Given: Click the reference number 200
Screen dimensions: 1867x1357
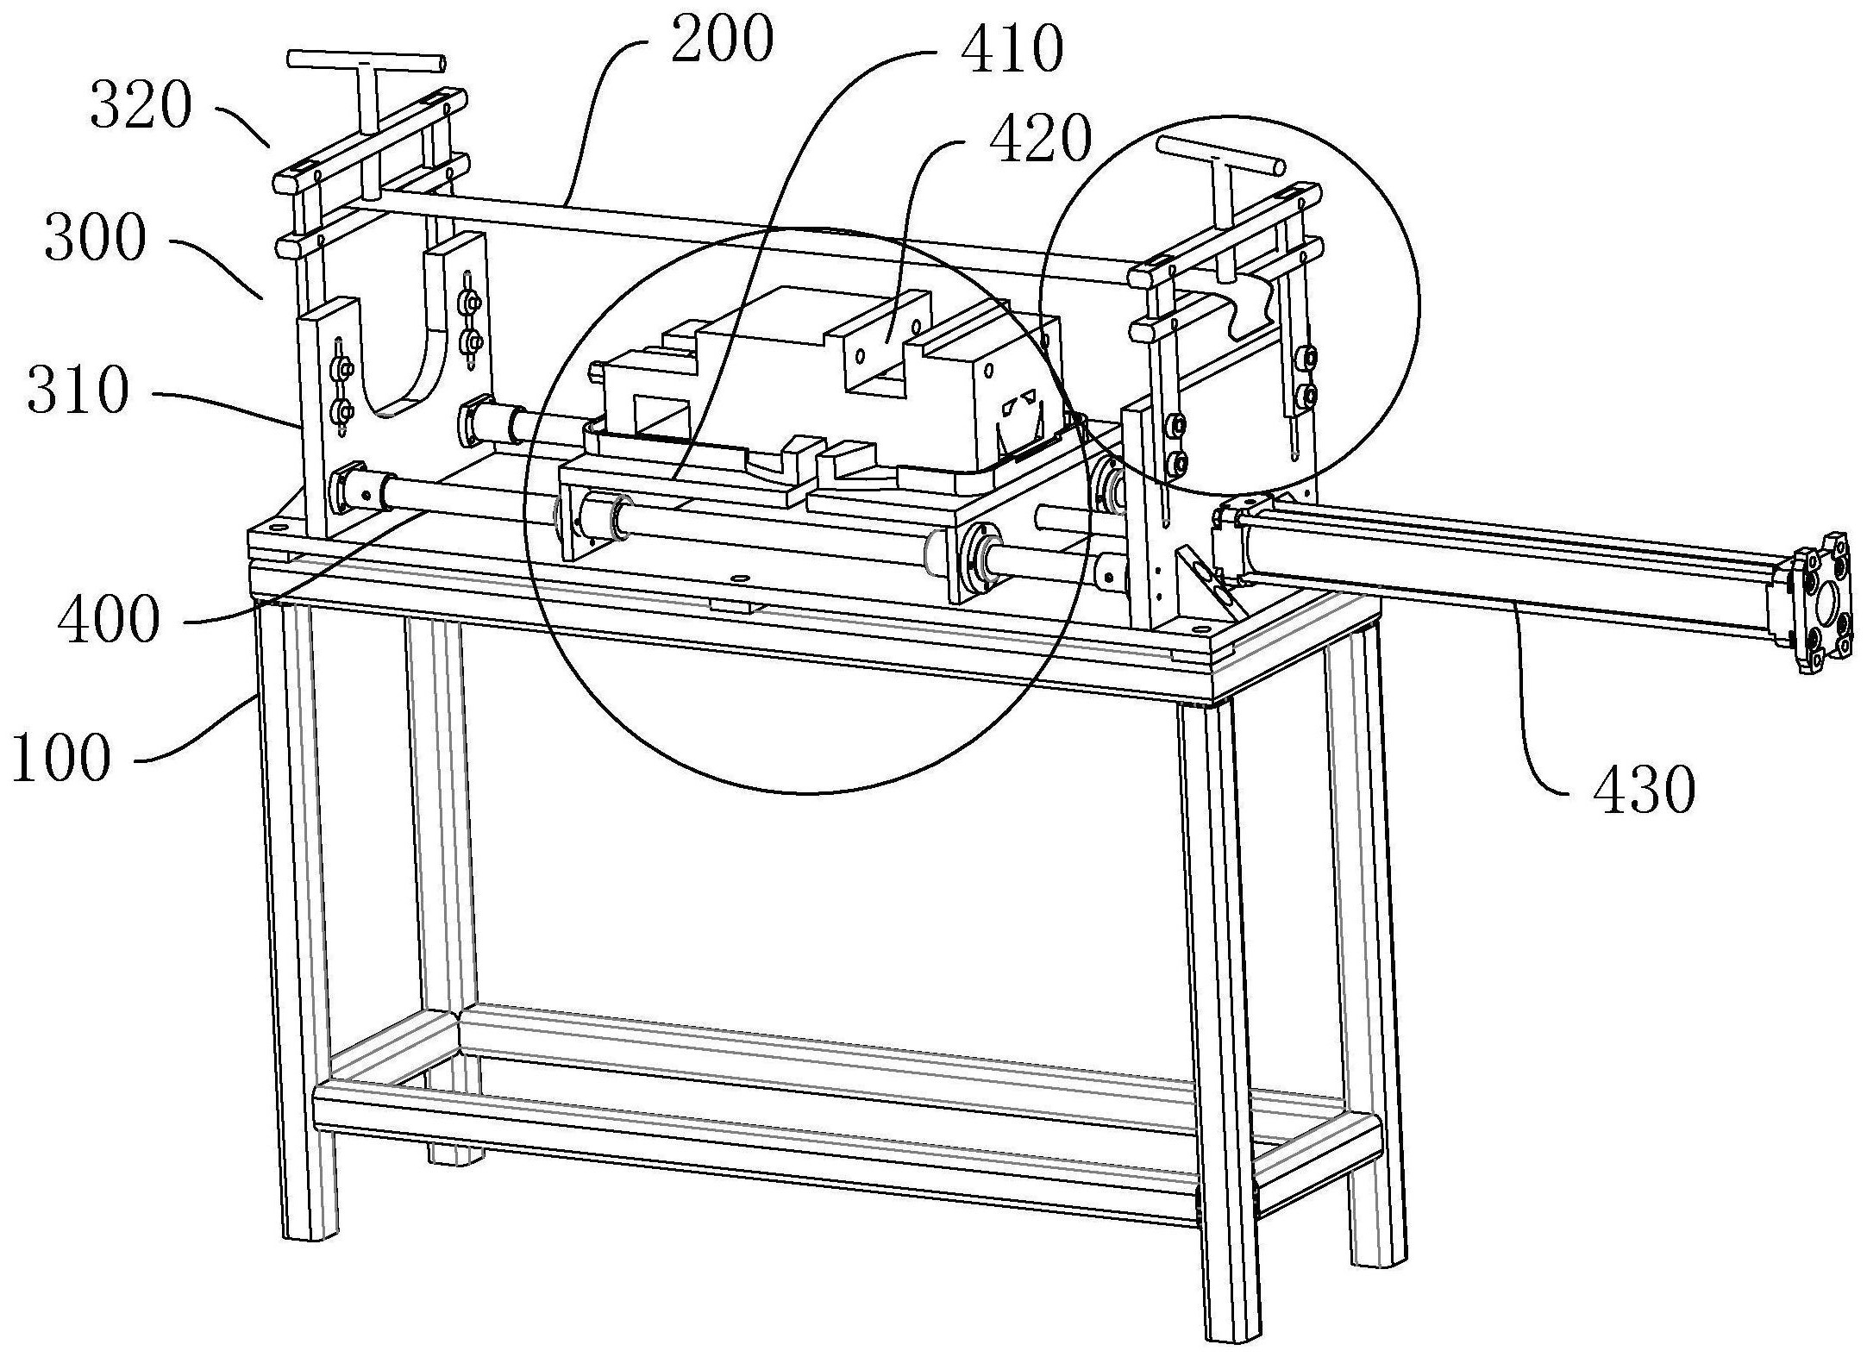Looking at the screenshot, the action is [722, 42].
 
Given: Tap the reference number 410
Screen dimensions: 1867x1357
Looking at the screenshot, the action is [1012, 50].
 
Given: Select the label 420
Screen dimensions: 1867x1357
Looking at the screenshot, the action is [1040, 139].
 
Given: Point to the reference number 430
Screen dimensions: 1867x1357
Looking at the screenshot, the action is [1644, 791].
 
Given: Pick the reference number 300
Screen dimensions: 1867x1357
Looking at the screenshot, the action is [95, 239].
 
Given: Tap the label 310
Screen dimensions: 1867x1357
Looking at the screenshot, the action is [78, 391].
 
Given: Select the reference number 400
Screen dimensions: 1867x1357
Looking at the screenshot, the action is [109, 620].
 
